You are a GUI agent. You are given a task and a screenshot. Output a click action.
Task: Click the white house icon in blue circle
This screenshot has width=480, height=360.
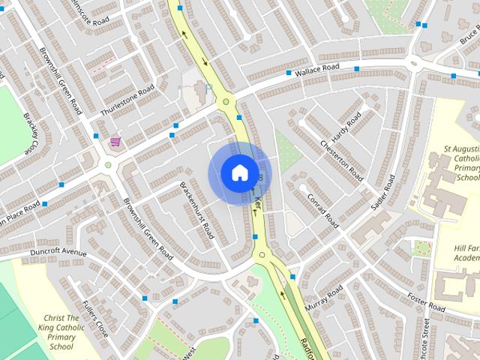tap(238, 173)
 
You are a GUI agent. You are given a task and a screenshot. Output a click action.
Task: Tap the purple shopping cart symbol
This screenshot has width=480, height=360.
tap(115, 141)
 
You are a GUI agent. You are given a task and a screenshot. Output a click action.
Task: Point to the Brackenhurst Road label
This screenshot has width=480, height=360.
tap(197, 210)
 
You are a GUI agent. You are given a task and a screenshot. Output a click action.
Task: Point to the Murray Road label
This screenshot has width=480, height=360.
tap(324, 295)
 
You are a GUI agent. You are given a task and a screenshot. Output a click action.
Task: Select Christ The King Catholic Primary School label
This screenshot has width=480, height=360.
tap(68, 332)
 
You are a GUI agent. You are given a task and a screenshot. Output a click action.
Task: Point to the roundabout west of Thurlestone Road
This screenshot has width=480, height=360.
tap(108, 164)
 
